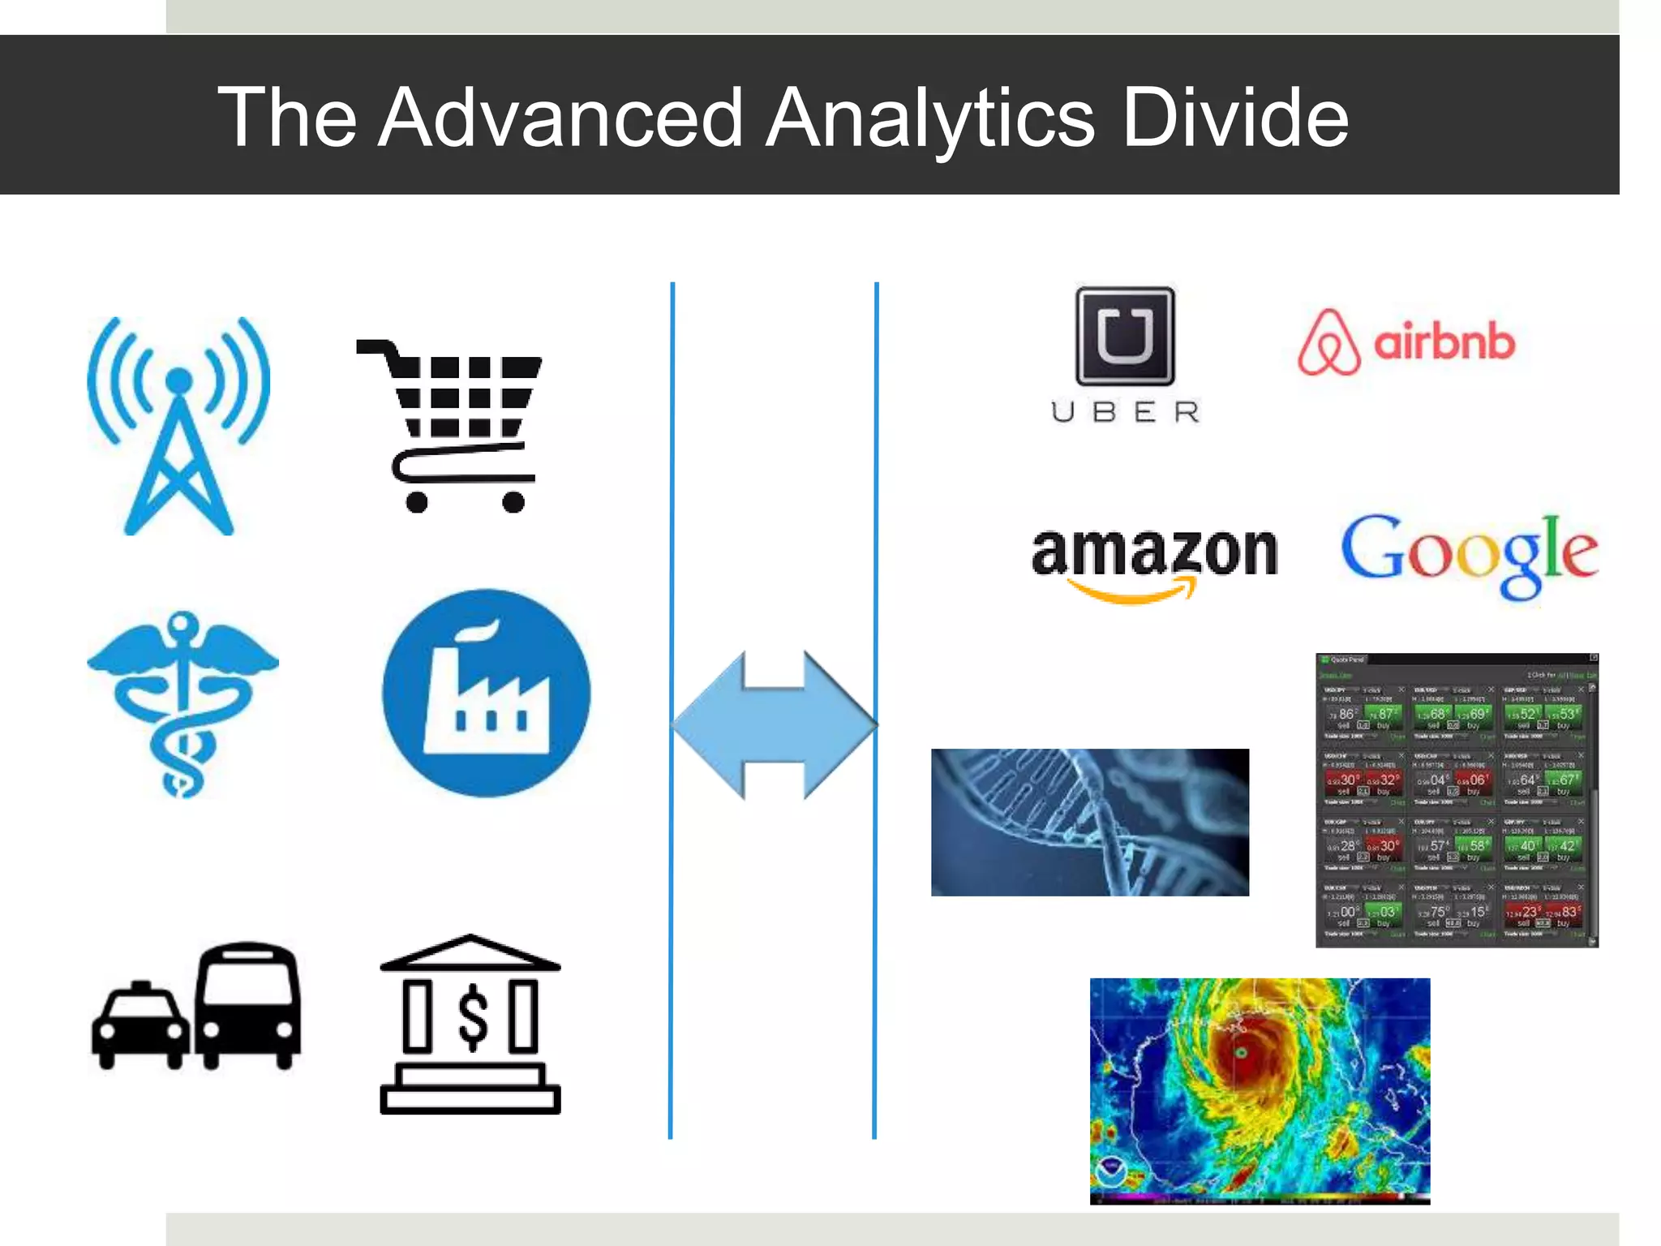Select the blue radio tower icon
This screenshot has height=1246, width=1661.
pyautogui.click(x=179, y=425)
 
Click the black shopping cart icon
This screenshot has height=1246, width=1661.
pyautogui.click(x=454, y=426)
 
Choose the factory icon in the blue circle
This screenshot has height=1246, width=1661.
pyautogui.click(x=487, y=693)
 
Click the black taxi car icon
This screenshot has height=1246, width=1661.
pyautogui.click(x=139, y=1025)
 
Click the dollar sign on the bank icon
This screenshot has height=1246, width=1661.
pyautogui.click(x=472, y=1018)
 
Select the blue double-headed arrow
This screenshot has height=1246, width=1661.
pyautogui.click(x=775, y=724)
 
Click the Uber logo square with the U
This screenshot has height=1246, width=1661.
pyautogui.click(x=1125, y=336)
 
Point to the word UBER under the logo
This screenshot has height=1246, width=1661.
pyautogui.click(x=1125, y=412)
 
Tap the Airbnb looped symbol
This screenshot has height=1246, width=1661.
pyautogui.click(x=1328, y=342)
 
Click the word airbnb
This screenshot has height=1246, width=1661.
pyautogui.click(x=1444, y=342)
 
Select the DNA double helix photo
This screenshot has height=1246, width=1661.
pyautogui.click(x=1089, y=822)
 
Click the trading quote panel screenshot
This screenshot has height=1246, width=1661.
pyautogui.click(x=1457, y=800)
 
